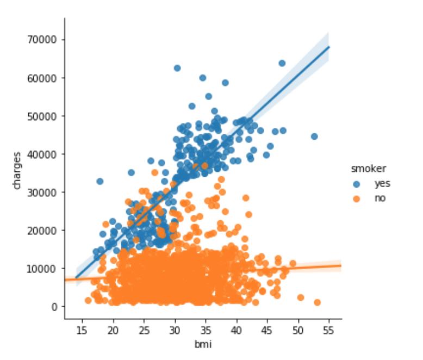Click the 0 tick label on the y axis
(55, 306)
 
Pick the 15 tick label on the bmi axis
(82, 330)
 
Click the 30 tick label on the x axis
(175, 330)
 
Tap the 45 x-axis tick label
(267, 330)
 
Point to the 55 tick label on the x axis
(328, 330)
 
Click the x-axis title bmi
(202, 344)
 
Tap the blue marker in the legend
(357, 184)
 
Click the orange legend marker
(357, 198)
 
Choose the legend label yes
(382, 184)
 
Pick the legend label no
(380, 198)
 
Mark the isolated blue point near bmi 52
(314, 136)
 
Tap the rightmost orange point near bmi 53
(317, 302)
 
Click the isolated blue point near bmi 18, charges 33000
(99, 181)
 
